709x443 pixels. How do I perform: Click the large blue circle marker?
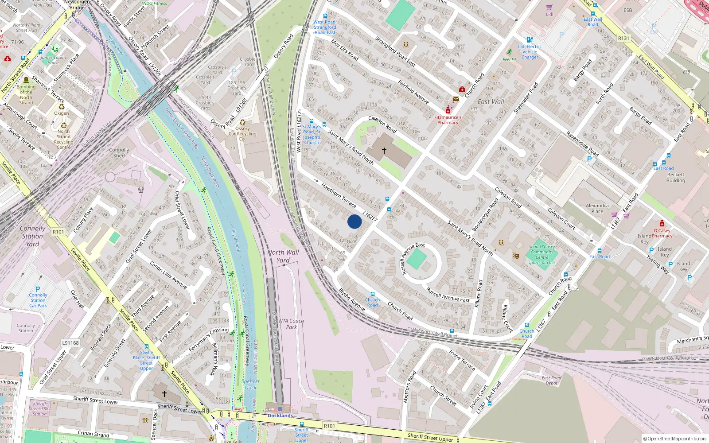pyautogui.click(x=354, y=221)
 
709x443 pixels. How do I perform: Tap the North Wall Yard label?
pyautogui.click(x=283, y=256)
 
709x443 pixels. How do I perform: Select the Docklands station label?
pyautogui.click(x=280, y=416)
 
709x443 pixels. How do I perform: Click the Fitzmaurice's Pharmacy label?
pyautogui.click(x=448, y=120)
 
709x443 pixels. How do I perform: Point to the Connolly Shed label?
pyautogui.click(x=119, y=153)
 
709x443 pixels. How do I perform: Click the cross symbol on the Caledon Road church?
pyautogui.click(x=384, y=151)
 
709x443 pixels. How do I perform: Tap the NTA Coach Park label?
pyautogui.click(x=291, y=324)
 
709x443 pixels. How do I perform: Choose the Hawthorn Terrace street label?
pyautogui.click(x=339, y=196)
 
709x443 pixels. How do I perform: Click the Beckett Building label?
pyautogui.click(x=676, y=178)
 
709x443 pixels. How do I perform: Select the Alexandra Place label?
pyautogui.click(x=597, y=208)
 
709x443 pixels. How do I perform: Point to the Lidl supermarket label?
pyautogui.click(x=549, y=14)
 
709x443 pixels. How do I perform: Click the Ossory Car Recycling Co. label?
pyautogui.click(x=242, y=133)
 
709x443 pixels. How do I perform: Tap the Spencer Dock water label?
pyautogui.click(x=251, y=384)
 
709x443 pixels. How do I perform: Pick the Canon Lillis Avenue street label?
pyautogui.click(x=168, y=275)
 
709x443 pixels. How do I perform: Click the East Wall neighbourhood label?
pyautogui.click(x=491, y=101)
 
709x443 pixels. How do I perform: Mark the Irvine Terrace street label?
pyautogui.click(x=462, y=360)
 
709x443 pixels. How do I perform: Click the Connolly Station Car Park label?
pyautogui.click(x=38, y=300)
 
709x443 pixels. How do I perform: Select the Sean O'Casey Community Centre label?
pyautogui.click(x=542, y=255)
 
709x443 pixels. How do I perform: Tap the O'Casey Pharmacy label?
pyautogui.click(x=662, y=233)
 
